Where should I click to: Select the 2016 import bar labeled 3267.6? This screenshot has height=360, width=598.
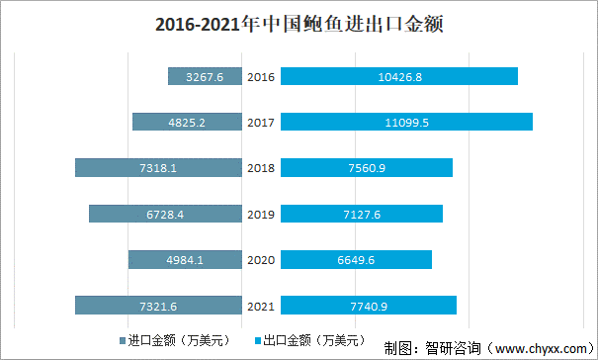coord(205,76)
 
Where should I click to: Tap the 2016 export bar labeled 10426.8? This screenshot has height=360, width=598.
coord(399,76)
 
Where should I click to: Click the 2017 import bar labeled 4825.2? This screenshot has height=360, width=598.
coord(187,122)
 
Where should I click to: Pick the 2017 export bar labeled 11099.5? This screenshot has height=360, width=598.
coord(406,122)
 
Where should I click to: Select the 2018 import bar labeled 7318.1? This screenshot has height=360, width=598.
coord(158,168)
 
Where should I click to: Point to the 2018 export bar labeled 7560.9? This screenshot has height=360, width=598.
coord(367,168)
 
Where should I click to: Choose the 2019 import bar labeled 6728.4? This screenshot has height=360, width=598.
coord(165,214)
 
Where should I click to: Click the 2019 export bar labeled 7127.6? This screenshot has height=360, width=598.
coord(362,214)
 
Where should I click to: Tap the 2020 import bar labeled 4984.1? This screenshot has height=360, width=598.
coord(185,259)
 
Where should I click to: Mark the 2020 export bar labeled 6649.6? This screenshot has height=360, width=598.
coord(357,259)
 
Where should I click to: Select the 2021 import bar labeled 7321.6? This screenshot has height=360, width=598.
coord(158,306)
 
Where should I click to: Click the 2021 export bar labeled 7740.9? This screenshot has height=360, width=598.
coord(369,306)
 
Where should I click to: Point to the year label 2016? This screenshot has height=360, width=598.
coord(261,76)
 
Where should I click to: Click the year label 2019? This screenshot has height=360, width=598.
coord(261,214)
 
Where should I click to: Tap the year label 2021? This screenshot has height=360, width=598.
coord(261,306)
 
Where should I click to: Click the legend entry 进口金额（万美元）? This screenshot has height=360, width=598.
coord(183,340)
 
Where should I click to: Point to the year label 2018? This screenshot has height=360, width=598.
coord(261,168)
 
